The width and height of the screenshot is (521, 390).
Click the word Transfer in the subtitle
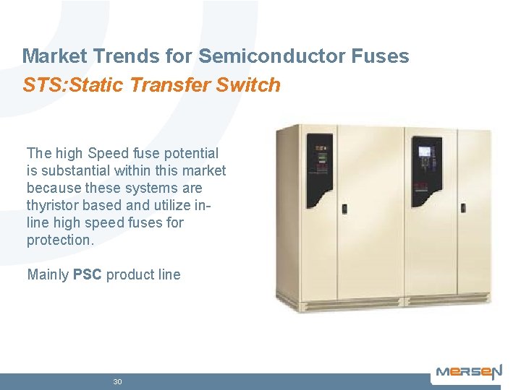coord(178,85)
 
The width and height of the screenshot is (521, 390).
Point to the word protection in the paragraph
coord(59,240)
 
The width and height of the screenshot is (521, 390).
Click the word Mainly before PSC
coord(48,274)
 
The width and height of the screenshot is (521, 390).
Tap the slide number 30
coord(117,381)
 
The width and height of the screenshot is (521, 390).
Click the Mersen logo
coord(468,373)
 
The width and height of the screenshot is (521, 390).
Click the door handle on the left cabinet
coord(344,209)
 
